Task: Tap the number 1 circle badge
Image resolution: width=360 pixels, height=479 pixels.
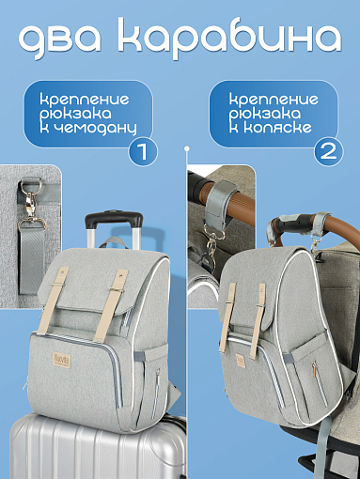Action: pos(143,151)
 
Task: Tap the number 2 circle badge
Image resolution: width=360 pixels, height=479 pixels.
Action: pos(328,151)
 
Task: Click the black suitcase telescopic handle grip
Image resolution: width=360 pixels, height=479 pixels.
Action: pos(114,219)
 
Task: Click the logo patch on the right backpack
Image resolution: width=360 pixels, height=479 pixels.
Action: pos(241,361)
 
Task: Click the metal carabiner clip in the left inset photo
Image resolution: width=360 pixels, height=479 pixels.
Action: pos(30,200)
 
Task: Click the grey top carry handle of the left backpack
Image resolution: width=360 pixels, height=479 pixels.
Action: pos(115,241)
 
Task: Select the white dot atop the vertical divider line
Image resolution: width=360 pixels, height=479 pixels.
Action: pos(187,148)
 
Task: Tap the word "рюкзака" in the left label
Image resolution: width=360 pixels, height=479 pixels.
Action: pos(75,115)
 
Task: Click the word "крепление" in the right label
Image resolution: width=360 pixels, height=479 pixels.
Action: pos(274,100)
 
